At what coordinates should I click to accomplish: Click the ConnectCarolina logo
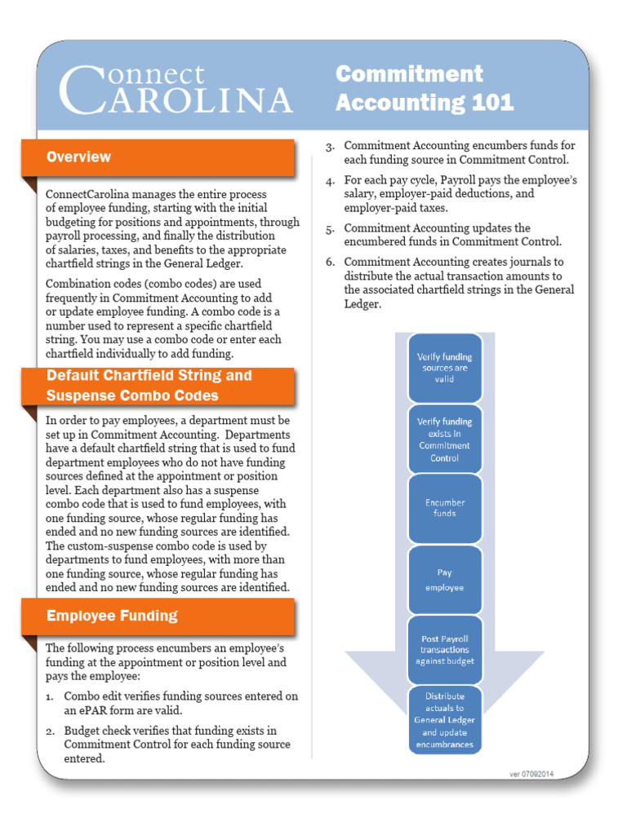[x=176, y=89]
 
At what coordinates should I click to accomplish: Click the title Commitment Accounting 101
[x=425, y=88]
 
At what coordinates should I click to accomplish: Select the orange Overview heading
[x=79, y=157]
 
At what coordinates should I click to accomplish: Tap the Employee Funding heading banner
[x=112, y=616]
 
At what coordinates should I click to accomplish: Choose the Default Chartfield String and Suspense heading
[x=149, y=386]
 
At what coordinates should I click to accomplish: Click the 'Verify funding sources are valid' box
[x=444, y=368]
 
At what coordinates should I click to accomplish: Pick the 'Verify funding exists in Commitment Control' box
[x=444, y=440]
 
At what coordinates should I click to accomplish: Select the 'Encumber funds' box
[x=444, y=508]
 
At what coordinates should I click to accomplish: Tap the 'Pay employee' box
[x=444, y=580]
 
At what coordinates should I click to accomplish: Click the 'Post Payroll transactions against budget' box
[x=444, y=650]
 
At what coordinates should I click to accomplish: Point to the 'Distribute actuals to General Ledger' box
[x=444, y=720]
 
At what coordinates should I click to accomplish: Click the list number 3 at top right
[x=331, y=147]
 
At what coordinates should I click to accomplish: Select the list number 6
[x=331, y=263]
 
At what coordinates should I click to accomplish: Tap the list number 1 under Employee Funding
[x=50, y=696]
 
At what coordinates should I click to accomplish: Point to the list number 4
[x=331, y=181]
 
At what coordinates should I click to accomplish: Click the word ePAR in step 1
[x=78, y=710]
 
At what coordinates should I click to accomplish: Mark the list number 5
[x=331, y=229]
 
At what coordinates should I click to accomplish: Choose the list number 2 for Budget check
[x=50, y=731]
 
